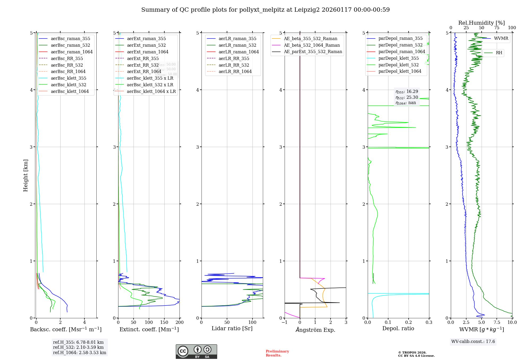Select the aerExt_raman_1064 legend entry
(x=147, y=52)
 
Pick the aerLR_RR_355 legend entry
(x=234, y=58)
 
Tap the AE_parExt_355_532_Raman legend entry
(x=313, y=51)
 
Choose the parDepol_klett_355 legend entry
(x=398, y=58)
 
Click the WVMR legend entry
(x=501, y=38)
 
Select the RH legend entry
(x=499, y=53)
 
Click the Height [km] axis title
(x=25, y=175)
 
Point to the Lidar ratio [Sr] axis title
(x=232, y=328)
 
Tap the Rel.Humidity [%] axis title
(x=481, y=23)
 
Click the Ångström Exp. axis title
(x=315, y=330)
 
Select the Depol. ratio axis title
(x=398, y=328)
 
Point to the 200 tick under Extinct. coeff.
(x=179, y=322)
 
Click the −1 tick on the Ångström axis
(x=284, y=322)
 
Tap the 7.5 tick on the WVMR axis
(x=497, y=322)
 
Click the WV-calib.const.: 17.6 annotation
(x=473, y=341)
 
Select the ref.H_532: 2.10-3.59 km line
(x=78, y=347)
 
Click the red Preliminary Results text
(x=277, y=353)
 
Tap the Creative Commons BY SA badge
(x=196, y=352)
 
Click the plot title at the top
(x=265, y=10)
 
